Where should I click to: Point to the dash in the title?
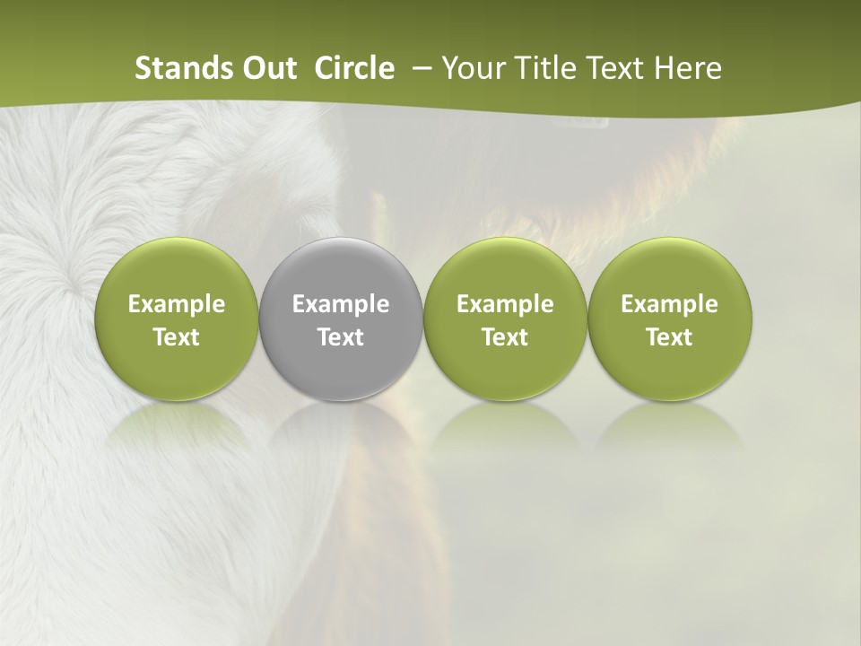click(418, 68)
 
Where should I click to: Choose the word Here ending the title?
click(687, 68)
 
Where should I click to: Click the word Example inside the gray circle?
click(341, 305)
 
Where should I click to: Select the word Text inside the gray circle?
click(341, 337)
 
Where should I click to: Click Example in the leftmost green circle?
click(177, 305)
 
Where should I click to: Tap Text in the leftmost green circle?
click(177, 337)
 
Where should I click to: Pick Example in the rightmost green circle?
click(669, 305)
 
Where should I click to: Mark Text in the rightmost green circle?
click(669, 337)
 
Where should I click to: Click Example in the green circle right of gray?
click(505, 305)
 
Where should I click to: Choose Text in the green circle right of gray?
click(505, 337)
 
